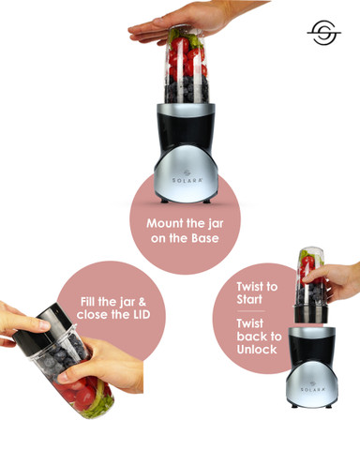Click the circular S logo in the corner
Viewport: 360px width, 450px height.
(x=324, y=33)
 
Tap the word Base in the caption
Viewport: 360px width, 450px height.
(x=205, y=238)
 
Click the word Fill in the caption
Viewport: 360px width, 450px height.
(x=88, y=302)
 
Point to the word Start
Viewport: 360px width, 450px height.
(x=249, y=299)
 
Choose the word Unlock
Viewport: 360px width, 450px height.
(x=257, y=350)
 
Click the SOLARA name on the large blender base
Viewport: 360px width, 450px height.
(x=187, y=180)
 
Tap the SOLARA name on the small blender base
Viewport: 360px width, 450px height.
(x=313, y=389)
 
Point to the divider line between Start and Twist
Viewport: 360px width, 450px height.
(x=250, y=311)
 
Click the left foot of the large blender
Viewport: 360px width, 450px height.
(x=164, y=201)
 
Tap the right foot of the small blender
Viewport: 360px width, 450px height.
(x=328, y=406)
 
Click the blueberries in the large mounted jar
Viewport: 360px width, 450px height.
(x=187, y=89)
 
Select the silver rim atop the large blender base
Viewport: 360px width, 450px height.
(x=186, y=109)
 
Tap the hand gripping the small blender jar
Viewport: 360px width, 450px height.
(x=335, y=281)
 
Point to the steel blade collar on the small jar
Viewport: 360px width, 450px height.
(x=311, y=314)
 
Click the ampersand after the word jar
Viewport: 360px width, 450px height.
(x=142, y=302)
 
